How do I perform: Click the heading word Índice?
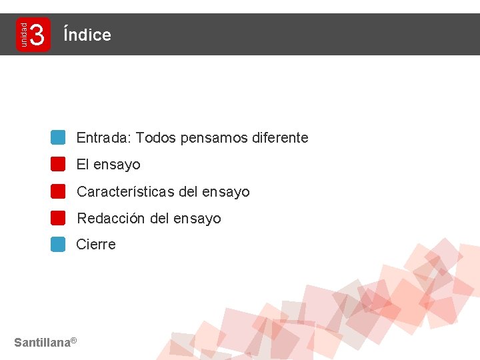click(x=87, y=35)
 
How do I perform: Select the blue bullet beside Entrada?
click(x=58, y=137)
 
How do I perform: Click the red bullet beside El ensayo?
click(x=58, y=164)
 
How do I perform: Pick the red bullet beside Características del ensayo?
click(x=58, y=191)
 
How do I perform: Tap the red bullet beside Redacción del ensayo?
click(x=58, y=218)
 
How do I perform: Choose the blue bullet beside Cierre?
click(x=58, y=244)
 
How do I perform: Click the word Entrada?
click(x=103, y=138)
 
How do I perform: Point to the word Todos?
click(x=156, y=138)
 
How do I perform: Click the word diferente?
click(x=281, y=138)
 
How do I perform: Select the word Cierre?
click(x=96, y=245)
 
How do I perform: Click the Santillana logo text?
click(x=42, y=343)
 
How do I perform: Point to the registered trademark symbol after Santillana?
click(x=74, y=341)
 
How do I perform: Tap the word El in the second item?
click(x=83, y=165)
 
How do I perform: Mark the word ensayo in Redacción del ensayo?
click(x=197, y=219)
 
